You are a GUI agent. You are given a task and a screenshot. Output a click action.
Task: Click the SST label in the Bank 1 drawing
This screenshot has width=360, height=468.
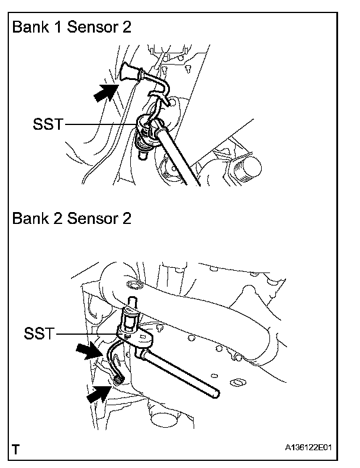pyautogui.click(x=47, y=124)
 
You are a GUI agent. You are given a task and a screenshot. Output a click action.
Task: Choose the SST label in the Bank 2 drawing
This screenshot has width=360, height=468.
pyautogui.click(x=38, y=334)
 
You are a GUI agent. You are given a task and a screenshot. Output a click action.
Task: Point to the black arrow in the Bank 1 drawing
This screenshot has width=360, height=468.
pyautogui.click(x=105, y=92)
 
